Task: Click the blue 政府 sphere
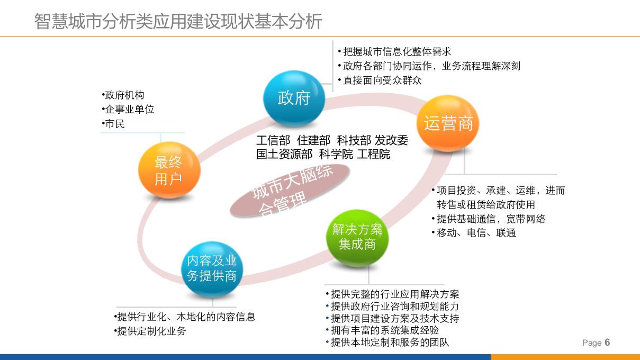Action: (294, 98)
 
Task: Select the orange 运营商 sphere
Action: (448, 123)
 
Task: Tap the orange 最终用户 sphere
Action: (169, 170)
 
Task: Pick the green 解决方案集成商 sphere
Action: (357, 236)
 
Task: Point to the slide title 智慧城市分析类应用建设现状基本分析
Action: (178, 22)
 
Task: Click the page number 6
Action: (607, 342)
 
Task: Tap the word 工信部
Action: (273, 140)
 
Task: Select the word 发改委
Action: (392, 140)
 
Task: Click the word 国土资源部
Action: (284, 154)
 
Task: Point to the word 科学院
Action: (335, 154)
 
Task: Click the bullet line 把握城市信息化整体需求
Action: (396, 52)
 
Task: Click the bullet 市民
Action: (115, 124)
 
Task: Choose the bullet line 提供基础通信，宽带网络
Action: (491, 219)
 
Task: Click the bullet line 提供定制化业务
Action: (151, 331)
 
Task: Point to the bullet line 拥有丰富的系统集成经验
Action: (385, 330)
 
